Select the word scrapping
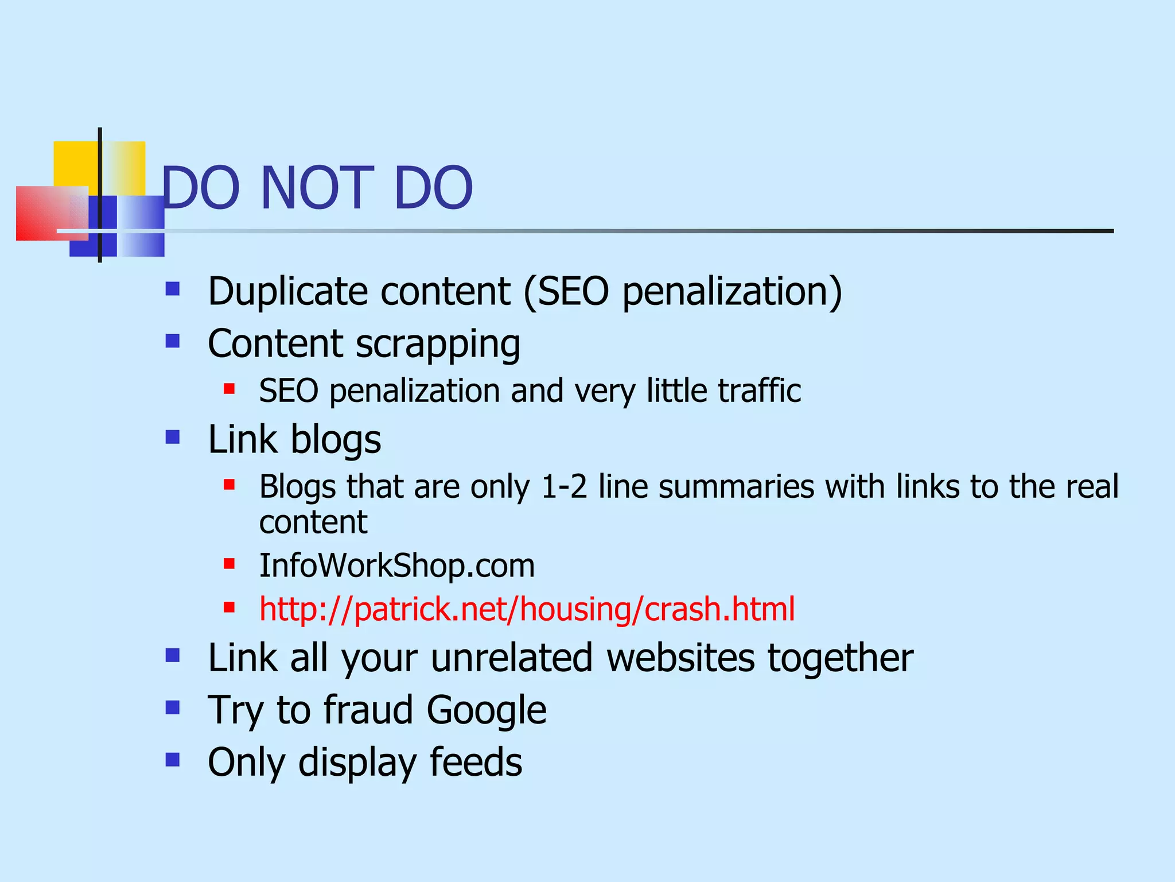click(438, 345)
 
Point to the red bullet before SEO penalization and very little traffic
click(229, 389)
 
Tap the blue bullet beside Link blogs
click(173, 437)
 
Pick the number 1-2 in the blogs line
click(564, 486)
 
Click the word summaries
click(736, 486)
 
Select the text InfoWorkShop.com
click(396, 565)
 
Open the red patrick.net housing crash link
click(527, 609)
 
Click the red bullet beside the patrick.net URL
click(229, 607)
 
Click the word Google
click(486, 710)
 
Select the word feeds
click(476, 762)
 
